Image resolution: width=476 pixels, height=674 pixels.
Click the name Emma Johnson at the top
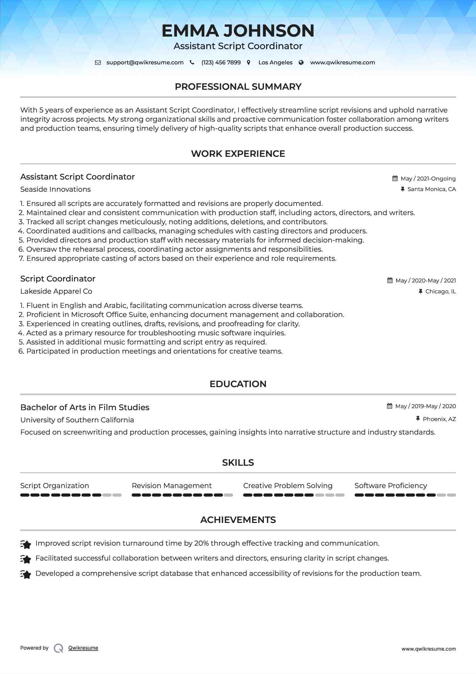click(x=238, y=31)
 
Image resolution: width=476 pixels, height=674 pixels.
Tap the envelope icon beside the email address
click(x=98, y=63)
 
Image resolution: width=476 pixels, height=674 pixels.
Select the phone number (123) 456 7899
click(x=221, y=63)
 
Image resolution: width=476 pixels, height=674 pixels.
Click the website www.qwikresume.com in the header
click(x=342, y=63)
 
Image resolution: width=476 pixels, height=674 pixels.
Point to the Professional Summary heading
click(x=238, y=87)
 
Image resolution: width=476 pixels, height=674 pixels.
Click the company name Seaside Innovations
click(x=55, y=189)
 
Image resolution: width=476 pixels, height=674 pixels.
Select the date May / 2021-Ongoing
click(x=428, y=178)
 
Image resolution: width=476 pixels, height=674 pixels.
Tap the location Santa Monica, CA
click(x=431, y=189)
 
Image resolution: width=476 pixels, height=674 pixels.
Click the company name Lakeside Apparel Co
click(x=56, y=291)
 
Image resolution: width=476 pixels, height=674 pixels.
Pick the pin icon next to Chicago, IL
click(x=421, y=291)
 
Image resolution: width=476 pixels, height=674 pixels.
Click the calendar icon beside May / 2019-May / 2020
click(x=390, y=406)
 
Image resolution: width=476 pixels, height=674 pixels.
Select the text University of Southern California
click(x=77, y=420)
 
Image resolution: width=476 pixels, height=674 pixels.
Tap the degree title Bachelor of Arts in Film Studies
click(x=85, y=407)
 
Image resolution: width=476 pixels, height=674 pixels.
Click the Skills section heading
click(x=238, y=463)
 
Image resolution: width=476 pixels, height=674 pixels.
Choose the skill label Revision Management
click(x=172, y=486)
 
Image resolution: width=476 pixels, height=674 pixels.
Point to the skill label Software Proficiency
click(x=391, y=486)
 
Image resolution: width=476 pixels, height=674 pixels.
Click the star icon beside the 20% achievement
click(x=26, y=544)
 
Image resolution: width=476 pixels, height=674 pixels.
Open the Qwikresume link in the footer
click(x=83, y=648)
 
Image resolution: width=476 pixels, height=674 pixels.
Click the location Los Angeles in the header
click(x=275, y=63)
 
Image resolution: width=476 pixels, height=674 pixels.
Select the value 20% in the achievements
click(x=201, y=543)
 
